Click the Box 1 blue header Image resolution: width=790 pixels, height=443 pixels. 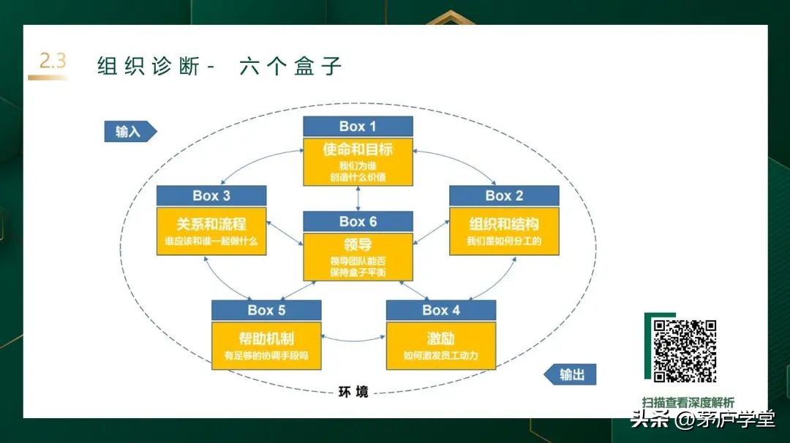click(x=358, y=126)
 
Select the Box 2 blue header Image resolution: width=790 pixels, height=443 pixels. click(x=504, y=196)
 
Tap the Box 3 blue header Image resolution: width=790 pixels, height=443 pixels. click(x=211, y=196)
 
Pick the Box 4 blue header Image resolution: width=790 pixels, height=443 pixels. click(x=441, y=310)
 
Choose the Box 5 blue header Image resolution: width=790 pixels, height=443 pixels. click(x=266, y=310)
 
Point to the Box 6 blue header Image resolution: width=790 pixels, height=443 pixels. click(x=358, y=221)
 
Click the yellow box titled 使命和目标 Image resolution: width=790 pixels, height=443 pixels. click(x=358, y=162)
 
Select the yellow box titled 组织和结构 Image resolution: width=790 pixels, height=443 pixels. click(x=504, y=231)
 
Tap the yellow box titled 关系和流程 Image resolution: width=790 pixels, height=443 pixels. click(x=211, y=231)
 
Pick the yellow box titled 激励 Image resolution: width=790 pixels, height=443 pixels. click(x=441, y=346)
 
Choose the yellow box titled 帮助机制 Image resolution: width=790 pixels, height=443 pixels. click(x=266, y=346)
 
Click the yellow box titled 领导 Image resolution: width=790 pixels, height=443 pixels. click(x=358, y=257)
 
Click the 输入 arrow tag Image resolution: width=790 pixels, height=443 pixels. click(x=129, y=131)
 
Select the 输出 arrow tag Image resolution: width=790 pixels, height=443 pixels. click(x=571, y=375)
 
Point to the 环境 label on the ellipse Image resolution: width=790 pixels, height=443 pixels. click(x=353, y=392)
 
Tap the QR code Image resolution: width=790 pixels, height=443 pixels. click(x=684, y=351)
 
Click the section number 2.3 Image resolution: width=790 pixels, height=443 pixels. click(x=52, y=62)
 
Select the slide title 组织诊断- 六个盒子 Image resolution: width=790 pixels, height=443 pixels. click(x=219, y=66)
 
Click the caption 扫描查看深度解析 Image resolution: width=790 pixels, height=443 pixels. click(x=688, y=403)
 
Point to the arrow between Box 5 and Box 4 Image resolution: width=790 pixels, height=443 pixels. click(x=353, y=338)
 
